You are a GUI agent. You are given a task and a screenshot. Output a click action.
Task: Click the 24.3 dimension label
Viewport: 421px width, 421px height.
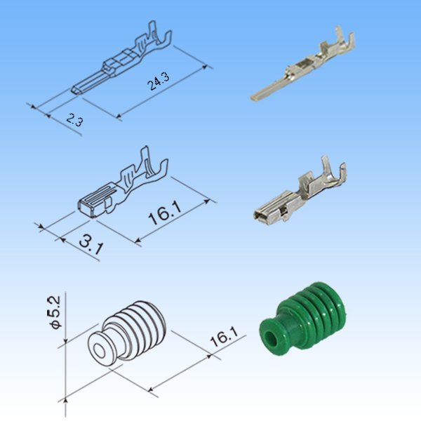click(x=159, y=82)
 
